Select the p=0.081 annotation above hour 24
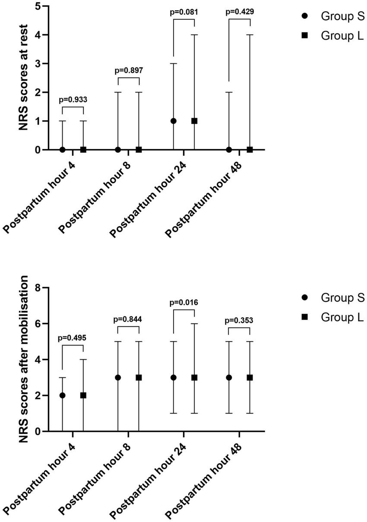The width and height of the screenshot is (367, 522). click(183, 12)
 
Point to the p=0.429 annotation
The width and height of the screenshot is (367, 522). click(239, 12)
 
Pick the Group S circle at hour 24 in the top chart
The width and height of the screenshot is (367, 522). click(173, 121)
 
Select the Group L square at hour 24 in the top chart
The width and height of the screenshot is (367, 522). click(194, 121)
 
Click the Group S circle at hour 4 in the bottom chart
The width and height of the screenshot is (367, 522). click(63, 395)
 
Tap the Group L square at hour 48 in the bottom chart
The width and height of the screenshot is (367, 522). click(250, 377)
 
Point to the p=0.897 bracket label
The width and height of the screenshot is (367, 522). click(128, 70)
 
